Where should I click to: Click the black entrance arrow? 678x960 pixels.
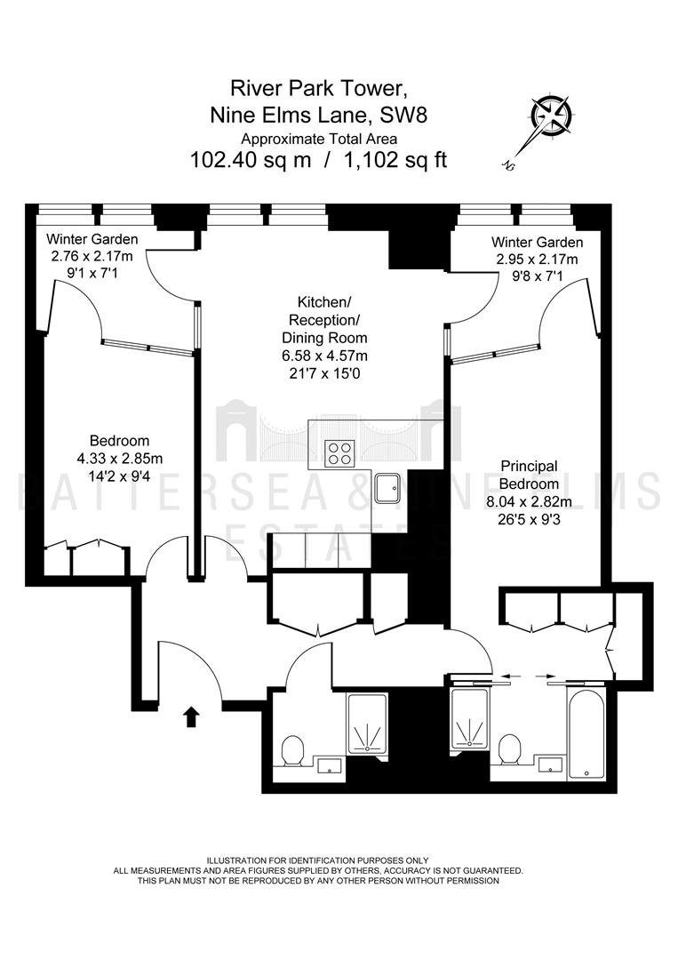(191, 716)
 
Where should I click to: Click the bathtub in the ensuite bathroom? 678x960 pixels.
(586, 734)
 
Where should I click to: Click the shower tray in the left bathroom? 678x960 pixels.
(367, 723)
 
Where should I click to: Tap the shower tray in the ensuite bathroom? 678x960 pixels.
(470, 717)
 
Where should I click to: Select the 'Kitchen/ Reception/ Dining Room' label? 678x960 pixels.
(324, 320)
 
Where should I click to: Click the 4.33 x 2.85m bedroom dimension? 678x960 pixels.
(120, 458)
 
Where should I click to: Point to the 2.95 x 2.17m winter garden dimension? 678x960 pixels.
(537, 259)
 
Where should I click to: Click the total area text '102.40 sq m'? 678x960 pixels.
(251, 160)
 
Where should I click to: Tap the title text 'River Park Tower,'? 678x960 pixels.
(318, 88)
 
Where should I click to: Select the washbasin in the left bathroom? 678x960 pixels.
(331, 764)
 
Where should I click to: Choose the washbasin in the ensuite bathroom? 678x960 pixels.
(551, 764)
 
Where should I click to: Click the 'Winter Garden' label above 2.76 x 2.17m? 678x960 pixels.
(92, 239)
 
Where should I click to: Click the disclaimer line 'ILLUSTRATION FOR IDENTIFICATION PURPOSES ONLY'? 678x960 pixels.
(317, 860)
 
